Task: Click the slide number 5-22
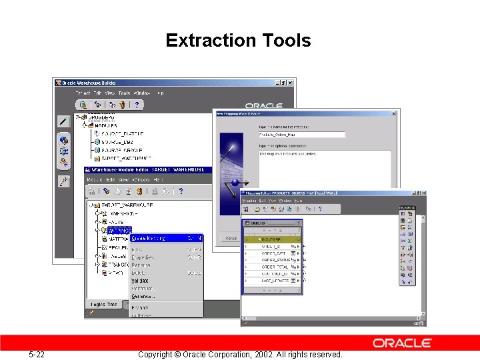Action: point(36,354)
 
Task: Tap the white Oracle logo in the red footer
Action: point(402,343)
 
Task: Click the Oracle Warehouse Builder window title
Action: point(93,83)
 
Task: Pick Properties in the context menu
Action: point(143,257)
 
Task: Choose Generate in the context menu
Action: point(143,296)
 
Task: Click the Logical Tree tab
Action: point(104,304)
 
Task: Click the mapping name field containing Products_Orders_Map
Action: point(301,135)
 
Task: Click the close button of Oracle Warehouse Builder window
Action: point(289,83)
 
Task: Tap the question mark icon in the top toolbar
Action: point(137,105)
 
